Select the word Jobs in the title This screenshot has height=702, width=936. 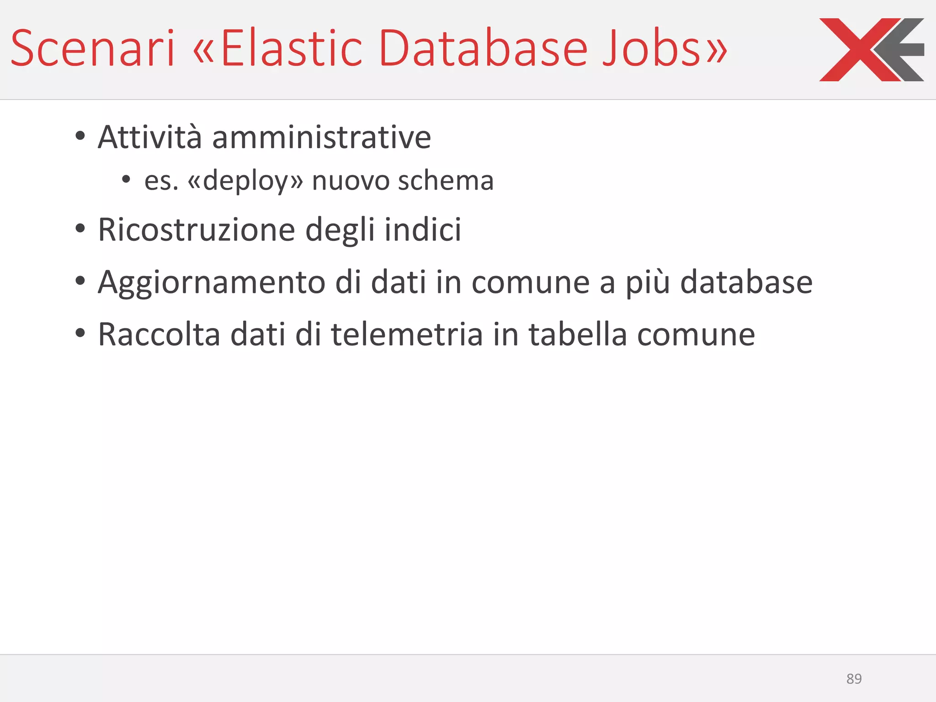(x=651, y=48)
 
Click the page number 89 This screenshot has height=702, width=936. (x=854, y=679)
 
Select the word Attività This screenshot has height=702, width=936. (x=149, y=137)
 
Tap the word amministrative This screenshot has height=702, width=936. (x=321, y=137)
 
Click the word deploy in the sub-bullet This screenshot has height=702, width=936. (x=246, y=181)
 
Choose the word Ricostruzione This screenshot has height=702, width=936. (x=197, y=229)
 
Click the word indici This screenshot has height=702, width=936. (x=423, y=229)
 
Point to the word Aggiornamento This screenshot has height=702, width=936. (x=211, y=282)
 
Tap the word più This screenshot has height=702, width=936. (x=648, y=282)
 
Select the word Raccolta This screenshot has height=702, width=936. (x=159, y=335)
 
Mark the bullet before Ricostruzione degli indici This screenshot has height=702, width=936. (x=80, y=229)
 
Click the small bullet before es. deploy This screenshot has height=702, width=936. (x=126, y=180)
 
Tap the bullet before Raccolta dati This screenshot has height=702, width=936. (x=80, y=333)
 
